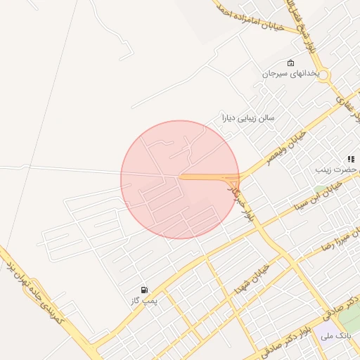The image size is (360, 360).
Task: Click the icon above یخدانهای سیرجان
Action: click(291, 63)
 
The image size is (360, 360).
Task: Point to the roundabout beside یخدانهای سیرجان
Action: click(325, 74)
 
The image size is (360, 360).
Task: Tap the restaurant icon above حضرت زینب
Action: click(349, 159)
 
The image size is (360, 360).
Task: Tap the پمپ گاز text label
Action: click(145, 301)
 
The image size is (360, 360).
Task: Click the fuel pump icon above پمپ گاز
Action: click(144, 290)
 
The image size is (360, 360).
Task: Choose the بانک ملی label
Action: click(335, 336)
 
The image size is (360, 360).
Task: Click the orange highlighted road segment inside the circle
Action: click(207, 176)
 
